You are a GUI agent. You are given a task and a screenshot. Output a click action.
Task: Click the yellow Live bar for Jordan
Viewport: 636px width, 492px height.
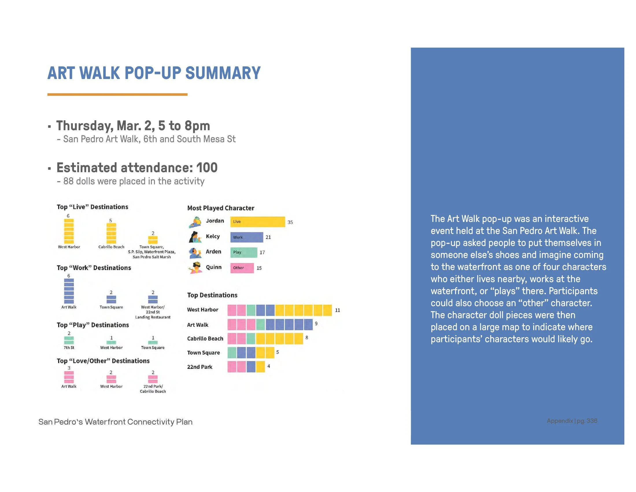[x=257, y=221]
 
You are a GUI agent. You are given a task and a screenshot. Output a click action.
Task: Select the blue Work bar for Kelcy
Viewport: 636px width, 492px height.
[x=246, y=237]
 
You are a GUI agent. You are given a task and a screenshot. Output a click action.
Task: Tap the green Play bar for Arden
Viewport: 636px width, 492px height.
[x=243, y=252]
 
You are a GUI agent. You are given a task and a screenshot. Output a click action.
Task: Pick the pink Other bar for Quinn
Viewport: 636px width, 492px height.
[x=242, y=268]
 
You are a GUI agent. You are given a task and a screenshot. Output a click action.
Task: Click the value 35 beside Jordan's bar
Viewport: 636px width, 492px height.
[x=290, y=222]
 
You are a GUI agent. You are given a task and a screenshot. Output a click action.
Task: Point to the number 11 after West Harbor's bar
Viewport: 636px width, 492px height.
[x=337, y=310]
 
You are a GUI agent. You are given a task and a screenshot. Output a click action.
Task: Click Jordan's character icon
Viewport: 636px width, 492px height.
[x=195, y=222]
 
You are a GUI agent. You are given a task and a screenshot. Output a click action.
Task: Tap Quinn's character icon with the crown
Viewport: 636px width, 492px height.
[x=195, y=268]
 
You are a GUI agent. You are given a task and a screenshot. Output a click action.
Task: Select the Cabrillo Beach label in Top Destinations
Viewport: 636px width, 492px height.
[x=205, y=338]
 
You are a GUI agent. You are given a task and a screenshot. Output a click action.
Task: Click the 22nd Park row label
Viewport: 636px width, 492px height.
[x=199, y=367]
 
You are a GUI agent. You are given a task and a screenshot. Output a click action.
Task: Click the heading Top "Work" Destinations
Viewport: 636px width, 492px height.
[x=94, y=268]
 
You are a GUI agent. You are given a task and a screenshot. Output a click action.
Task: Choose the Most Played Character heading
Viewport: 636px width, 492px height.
[x=221, y=208]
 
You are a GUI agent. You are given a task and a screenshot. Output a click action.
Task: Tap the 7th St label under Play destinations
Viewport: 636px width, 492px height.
[x=69, y=348]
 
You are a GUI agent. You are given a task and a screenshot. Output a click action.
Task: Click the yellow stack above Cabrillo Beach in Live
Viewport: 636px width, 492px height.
[x=111, y=233]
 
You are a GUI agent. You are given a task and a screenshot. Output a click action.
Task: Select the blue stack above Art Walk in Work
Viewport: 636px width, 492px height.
[x=69, y=291]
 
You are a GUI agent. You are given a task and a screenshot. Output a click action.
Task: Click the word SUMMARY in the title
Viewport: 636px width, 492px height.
[x=223, y=73]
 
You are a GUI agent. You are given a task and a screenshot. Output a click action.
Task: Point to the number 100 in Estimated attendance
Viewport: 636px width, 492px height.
[x=207, y=168]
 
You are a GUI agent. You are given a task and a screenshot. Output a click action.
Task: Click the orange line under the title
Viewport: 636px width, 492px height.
[x=117, y=94]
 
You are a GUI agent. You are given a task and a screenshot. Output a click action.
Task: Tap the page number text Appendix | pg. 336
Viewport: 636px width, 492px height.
[x=572, y=421]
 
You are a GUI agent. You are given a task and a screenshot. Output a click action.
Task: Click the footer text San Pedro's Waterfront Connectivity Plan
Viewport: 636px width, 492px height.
[x=115, y=422]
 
